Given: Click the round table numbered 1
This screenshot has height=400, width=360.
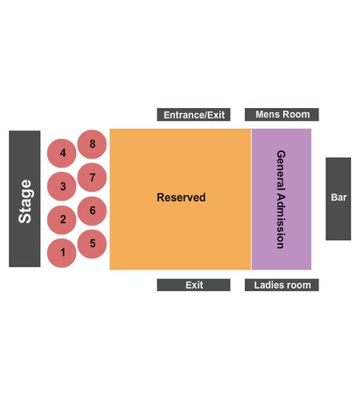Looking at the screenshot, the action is pyautogui.click(x=62, y=253).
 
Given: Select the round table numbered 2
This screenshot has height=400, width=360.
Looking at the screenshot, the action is pyautogui.click(x=62, y=220).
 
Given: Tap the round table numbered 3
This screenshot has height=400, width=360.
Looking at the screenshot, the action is pyautogui.click(x=62, y=186).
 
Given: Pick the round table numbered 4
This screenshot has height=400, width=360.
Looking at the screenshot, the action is pyautogui.click(x=62, y=153).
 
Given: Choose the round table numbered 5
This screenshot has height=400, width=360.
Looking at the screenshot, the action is pyautogui.click(x=92, y=244).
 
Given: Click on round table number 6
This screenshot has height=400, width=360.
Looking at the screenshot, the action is pyautogui.click(x=92, y=210).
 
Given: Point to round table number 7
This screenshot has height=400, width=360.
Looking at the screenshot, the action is pyautogui.click(x=92, y=178).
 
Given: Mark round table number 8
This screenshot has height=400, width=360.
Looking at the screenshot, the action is pyautogui.click(x=92, y=144).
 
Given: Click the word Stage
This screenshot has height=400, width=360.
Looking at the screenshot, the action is pyautogui.click(x=25, y=202).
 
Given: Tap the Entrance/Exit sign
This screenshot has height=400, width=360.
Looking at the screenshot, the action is pyautogui.click(x=194, y=114).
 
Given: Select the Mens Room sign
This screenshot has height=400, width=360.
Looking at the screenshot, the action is pyautogui.click(x=282, y=114).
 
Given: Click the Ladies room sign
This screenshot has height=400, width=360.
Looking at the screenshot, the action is pyautogui.click(x=282, y=285).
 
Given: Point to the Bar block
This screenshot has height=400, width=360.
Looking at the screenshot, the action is pyautogui.click(x=338, y=199).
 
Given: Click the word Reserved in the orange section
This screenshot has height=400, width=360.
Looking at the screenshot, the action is pyautogui.click(x=182, y=198).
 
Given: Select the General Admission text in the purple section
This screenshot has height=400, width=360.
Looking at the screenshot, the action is pyautogui.click(x=281, y=199).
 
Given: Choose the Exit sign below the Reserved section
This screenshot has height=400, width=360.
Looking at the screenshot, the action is pyautogui.click(x=194, y=285).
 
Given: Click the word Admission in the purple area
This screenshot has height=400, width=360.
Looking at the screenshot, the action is pyautogui.click(x=281, y=221).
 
